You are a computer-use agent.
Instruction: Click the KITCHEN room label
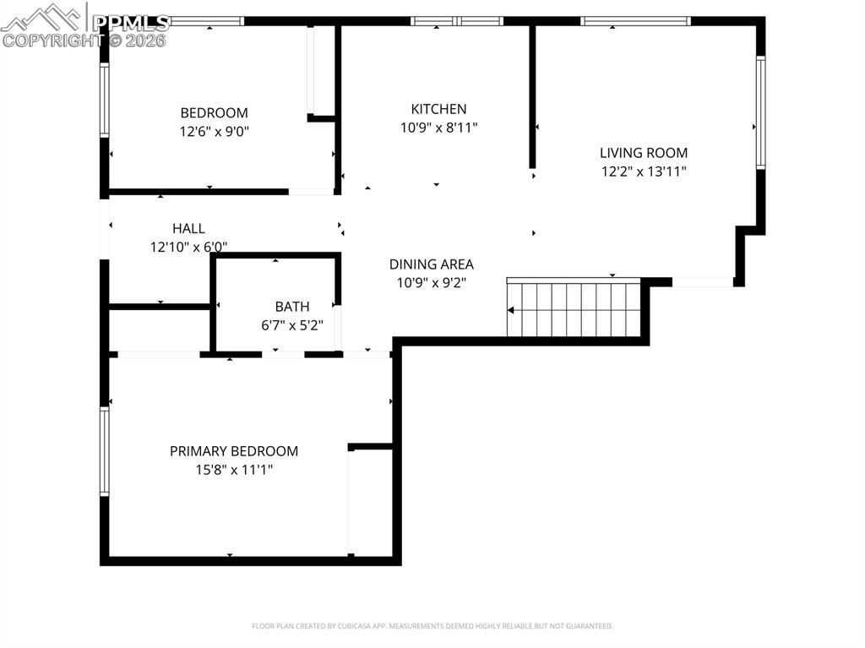coord(438,109)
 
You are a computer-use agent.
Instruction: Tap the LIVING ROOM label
coord(643,153)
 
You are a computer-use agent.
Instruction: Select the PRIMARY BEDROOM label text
coord(234,451)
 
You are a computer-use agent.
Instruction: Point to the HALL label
coord(188,228)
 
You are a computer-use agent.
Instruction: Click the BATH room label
coord(291,307)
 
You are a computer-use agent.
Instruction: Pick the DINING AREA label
coord(432,264)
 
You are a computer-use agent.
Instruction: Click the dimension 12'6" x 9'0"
coord(214,131)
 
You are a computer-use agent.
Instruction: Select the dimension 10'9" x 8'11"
coord(438,128)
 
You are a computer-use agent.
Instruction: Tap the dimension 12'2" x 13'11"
coord(643,172)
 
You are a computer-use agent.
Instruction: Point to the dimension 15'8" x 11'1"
coord(234,470)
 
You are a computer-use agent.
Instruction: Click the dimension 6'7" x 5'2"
coord(291,325)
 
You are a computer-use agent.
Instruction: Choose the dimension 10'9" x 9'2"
coord(432,283)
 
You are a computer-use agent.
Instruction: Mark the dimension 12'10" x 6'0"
coord(188,247)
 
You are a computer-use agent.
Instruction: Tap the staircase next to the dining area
coord(574,308)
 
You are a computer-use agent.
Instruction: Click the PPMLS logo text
coord(130,23)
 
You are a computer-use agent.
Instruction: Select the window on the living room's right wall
coord(761,112)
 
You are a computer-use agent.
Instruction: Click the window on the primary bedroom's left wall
coord(104,451)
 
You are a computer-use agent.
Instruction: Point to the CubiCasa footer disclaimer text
coord(432,626)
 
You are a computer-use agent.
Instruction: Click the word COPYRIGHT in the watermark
coord(53,41)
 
